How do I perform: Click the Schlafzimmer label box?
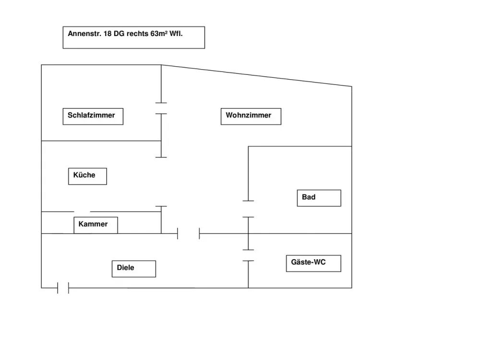[93, 116]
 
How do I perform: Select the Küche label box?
[87, 176]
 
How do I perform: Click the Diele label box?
[134, 269]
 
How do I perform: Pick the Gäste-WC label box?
[313, 263]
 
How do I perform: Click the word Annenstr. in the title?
[84, 34]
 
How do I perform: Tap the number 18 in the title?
[108, 34]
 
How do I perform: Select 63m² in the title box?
[159, 34]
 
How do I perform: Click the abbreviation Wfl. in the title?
[176, 34]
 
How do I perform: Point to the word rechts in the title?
[137, 34]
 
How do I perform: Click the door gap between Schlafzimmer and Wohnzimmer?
[161, 108]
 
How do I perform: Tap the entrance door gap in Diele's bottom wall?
[63, 288]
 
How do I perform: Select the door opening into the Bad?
[248, 209]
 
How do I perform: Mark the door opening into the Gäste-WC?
[248, 255]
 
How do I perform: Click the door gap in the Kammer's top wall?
[82, 212]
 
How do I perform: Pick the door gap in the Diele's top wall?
[188, 234]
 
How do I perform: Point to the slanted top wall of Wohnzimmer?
[256, 76]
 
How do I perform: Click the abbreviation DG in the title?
[119, 34]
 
